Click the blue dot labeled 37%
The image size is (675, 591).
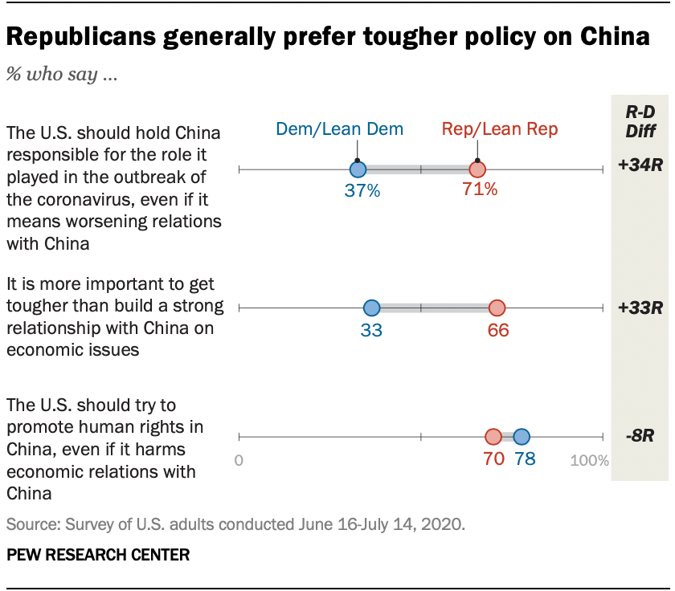coord(358,169)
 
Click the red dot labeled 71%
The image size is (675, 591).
coord(477,169)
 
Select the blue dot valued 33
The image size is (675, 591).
coord(371,308)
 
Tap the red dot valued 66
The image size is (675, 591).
coord(497,308)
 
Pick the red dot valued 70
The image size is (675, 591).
coord(493,437)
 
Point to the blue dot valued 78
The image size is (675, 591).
coord(521,437)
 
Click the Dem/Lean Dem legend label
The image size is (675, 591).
coord(339,128)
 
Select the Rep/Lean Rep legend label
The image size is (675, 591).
coord(500,128)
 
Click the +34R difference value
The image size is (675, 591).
coord(640,165)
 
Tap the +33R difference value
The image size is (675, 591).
coord(640,307)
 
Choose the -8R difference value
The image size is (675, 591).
coord(640,437)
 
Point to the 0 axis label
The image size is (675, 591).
coord(239,461)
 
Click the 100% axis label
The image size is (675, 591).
coord(590,461)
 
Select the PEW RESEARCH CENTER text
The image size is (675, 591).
coord(98,555)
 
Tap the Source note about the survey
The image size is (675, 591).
coord(235,525)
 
